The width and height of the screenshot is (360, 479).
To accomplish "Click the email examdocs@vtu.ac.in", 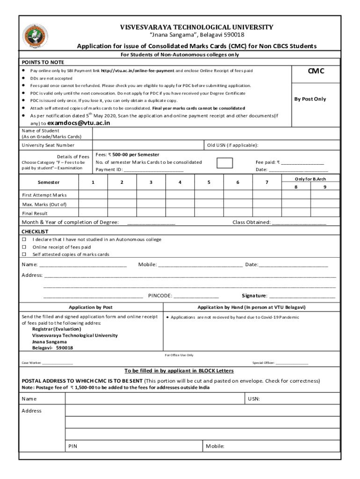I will [x=79, y=123].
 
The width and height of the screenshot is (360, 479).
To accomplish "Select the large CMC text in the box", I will [x=316, y=71].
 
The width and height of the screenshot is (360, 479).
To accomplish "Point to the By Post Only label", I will [x=310, y=99].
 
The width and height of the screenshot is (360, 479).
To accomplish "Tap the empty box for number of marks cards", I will [x=225, y=163].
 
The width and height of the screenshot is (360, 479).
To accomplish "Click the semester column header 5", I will [x=209, y=182].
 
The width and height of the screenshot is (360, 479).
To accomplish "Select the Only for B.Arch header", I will [x=310, y=179].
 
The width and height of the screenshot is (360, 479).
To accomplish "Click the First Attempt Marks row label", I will [x=44, y=195].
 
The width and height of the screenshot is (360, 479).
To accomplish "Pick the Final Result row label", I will [x=35, y=213].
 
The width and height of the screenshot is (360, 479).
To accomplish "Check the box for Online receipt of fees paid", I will [x=24, y=247].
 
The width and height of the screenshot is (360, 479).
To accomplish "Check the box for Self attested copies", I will [x=24, y=254].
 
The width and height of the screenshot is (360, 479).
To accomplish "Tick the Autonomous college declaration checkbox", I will [x=24, y=239].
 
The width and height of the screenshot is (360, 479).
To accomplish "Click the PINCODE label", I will [x=160, y=296].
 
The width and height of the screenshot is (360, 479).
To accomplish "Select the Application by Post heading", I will [x=91, y=307].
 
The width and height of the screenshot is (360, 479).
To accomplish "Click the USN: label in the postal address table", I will [x=254, y=399].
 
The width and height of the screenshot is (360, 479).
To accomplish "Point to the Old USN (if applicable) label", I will [x=233, y=145].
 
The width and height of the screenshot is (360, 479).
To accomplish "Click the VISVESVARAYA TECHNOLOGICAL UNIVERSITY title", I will [x=197, y=27].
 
